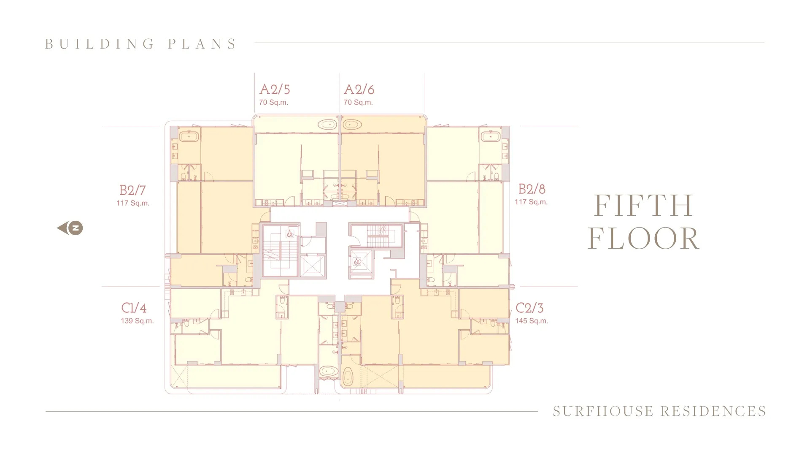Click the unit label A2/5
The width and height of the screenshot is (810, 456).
275,90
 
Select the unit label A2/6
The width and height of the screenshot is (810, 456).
359,90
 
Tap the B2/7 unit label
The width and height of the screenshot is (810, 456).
132,190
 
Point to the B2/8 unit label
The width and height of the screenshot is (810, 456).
532,189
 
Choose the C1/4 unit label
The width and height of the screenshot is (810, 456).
134,308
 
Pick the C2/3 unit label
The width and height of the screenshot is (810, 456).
529,308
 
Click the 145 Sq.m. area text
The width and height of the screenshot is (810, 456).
531,321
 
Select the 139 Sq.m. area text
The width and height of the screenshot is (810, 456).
137,321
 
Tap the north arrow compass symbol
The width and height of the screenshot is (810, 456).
70,228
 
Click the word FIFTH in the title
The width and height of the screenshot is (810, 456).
643,206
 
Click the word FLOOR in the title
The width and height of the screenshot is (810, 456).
643,239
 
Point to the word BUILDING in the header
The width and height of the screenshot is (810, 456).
100,44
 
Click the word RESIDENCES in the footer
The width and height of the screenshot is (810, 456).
713,411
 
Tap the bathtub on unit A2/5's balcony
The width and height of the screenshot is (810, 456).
327,125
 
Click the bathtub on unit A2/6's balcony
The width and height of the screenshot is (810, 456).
352,125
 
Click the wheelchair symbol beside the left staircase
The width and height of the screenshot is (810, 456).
290,234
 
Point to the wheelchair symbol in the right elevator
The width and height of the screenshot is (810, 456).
357,262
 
